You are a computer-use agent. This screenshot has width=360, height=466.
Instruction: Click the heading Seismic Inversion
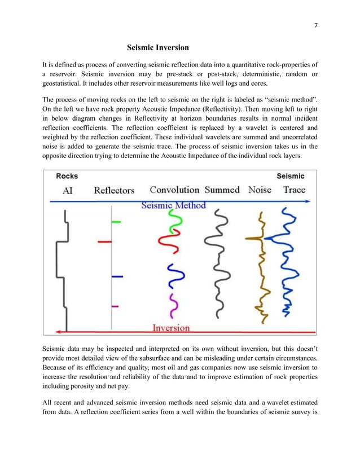[157, 48]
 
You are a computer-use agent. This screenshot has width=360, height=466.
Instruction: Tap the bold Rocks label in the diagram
[67, 177]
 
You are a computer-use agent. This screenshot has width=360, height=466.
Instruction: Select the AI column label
[67, 190]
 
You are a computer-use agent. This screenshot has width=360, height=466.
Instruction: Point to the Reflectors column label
[114, 190]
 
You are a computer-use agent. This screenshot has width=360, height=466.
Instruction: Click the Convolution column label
[174, 190]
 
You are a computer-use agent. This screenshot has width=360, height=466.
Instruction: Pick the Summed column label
[222, 190]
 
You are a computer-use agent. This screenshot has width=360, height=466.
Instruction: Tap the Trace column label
[293, 190]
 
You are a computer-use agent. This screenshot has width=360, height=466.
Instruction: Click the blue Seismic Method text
[173, 206]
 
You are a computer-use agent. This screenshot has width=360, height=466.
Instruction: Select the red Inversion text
[172, 328]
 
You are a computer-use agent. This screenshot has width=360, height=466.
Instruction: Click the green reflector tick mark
[117, 222]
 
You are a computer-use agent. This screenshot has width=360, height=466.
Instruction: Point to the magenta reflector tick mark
[115, 306]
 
